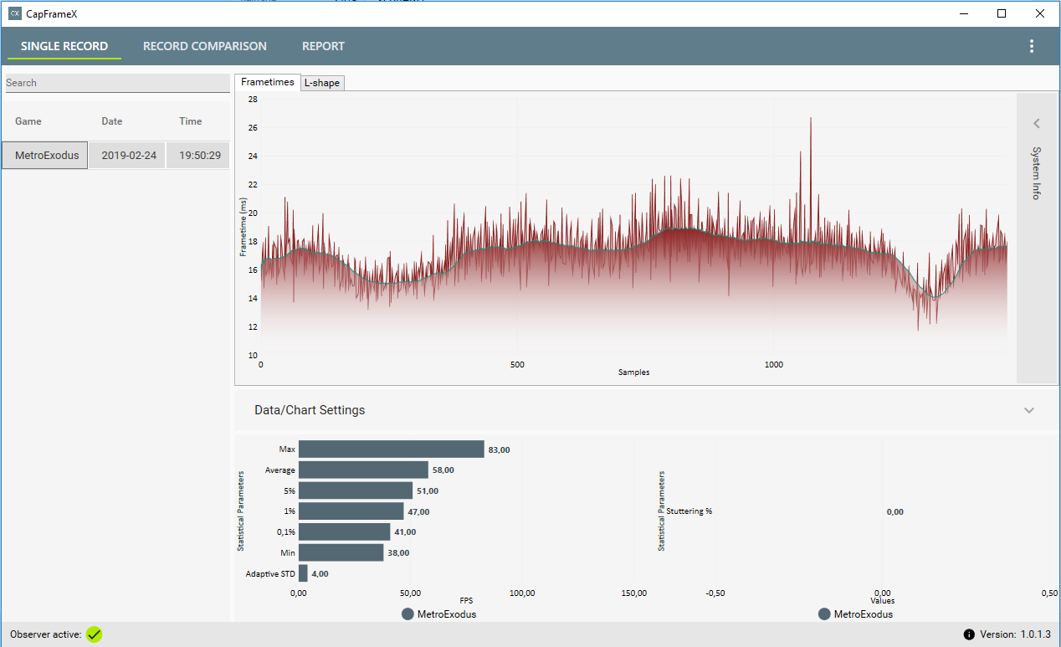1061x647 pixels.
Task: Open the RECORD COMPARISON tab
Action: point(205,46)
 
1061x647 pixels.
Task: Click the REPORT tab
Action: point(323,46)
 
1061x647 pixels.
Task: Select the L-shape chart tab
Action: point(322,83)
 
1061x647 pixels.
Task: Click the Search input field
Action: point(117,83)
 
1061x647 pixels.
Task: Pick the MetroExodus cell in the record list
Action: point(45,156)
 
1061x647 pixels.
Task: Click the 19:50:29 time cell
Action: point(200,156)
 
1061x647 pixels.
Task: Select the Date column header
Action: point(112,121)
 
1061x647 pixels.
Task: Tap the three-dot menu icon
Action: point(1032,46)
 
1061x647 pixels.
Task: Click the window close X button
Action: point(1040,13)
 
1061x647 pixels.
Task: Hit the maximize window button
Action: point(1002,13)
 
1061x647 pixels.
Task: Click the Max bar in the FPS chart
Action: point(392,449)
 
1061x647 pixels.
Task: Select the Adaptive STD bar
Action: point(303,573)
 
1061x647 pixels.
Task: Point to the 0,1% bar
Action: point(345,531)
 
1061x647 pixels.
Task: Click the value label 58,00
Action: point(443,470)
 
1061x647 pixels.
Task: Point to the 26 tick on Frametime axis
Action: point(253,127)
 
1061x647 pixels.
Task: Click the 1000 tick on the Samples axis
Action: point(773,364)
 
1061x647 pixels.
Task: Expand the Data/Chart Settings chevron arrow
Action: point(1029,410)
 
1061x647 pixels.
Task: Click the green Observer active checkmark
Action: point(95,634)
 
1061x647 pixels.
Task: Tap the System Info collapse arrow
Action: point(1037,124)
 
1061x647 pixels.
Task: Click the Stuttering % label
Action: point(689,511)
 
